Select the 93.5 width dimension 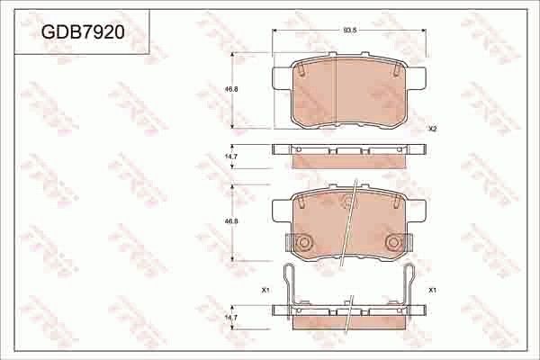(x=349, y=31)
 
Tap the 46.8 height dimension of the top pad (x=230, y=90)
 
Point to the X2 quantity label (x=432, y=129)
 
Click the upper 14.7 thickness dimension (x=230, y=157)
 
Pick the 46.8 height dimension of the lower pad (x=230, y=220)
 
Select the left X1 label (x=265, y=290)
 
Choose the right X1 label (x=432, y=290)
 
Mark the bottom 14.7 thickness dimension (x=230, y=317)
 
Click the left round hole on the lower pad (x=304, y=242)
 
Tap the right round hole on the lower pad (x=393, y=242)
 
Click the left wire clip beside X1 (x=290, y=288)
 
